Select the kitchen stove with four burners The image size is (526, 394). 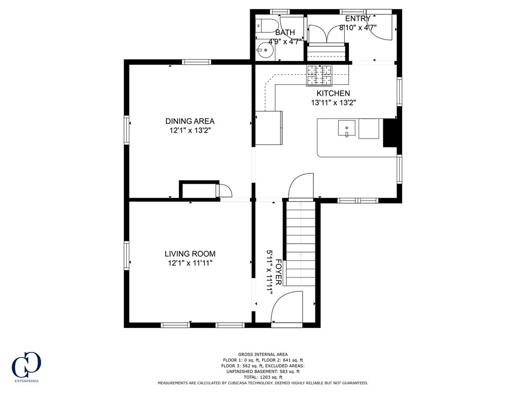click(x=320, y=76)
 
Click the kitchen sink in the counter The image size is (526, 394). click(x=347, y=128)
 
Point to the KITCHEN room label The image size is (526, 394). click(x=333, y=93)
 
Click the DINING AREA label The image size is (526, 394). click(x=190, y=121)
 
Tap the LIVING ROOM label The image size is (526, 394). click(x=190, y=253)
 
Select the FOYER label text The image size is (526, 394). click(x=278, y=271)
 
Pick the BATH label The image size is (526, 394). click(x=285, y=32)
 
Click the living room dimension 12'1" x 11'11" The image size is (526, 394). click(x=190, y=263)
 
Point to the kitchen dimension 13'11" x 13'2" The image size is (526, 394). click(x=333, y=103)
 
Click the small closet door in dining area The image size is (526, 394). click(x=224, y=190)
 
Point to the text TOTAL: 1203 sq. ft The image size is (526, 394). click(x=262, y=377)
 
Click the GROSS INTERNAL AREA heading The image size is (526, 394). click(x=262, y=354)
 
